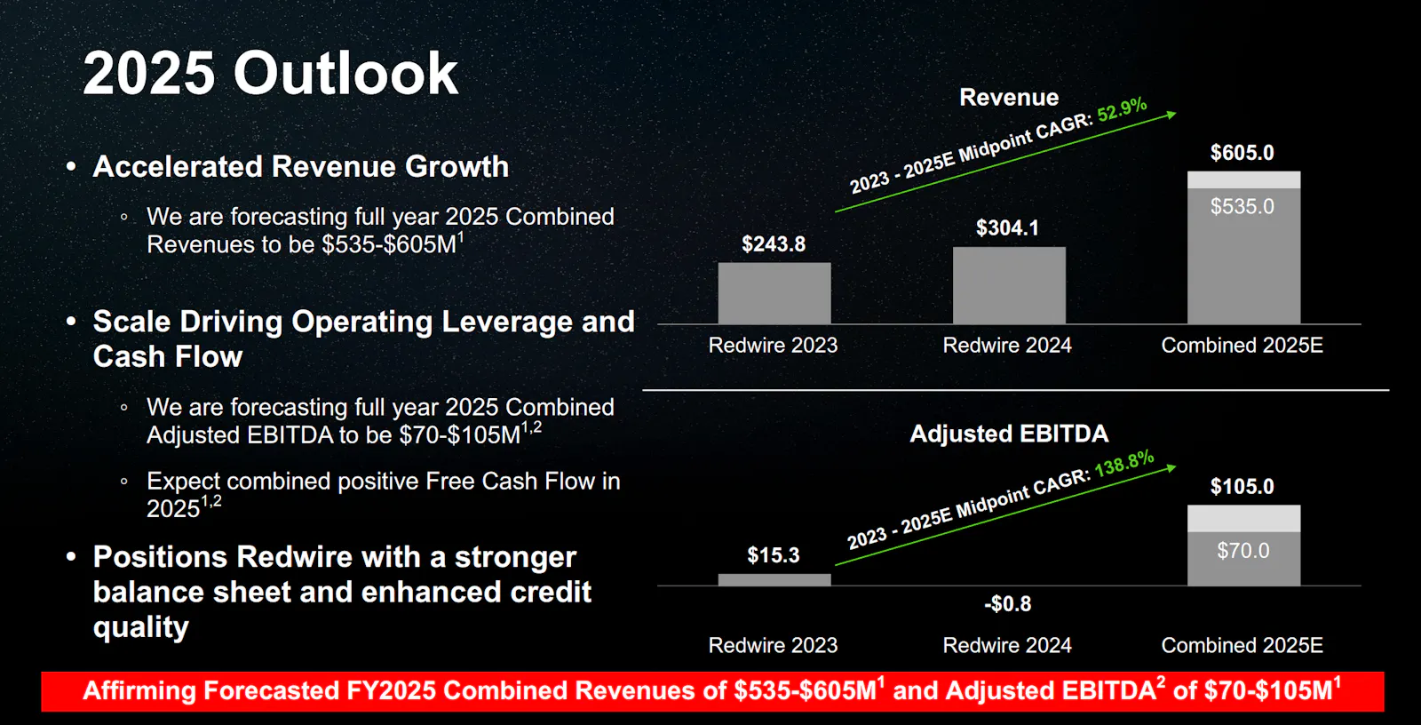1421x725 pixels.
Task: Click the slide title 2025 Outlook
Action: (270, 74)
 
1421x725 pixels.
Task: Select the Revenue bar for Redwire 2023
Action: (774, 293)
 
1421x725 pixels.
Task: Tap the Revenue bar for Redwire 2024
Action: (1009, 286)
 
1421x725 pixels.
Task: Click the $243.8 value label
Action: (774, 243)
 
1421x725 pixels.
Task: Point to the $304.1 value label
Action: (1007, 228)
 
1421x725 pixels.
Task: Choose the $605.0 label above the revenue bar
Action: (1242, 152)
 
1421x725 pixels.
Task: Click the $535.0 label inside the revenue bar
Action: (1242, 206)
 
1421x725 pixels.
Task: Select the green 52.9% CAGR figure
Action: (1123, 109)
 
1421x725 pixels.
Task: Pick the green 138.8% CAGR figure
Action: (1124, 464)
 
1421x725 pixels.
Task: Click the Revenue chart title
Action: (1009, 97)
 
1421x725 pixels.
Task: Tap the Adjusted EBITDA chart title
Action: (1009, 434)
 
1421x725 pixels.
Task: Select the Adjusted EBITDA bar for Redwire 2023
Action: (774, 579)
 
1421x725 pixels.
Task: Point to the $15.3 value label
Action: (774, 555)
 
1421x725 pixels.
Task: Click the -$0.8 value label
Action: (1007, 603)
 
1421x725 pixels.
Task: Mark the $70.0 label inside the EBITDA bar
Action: (1242, 551)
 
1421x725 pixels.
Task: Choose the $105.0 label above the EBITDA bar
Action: (1242, 486)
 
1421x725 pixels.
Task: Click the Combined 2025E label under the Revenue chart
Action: (1242, 345)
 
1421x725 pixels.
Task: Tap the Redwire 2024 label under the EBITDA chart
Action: (1007, 645)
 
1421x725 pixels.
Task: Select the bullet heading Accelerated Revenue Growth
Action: (301, 166)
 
